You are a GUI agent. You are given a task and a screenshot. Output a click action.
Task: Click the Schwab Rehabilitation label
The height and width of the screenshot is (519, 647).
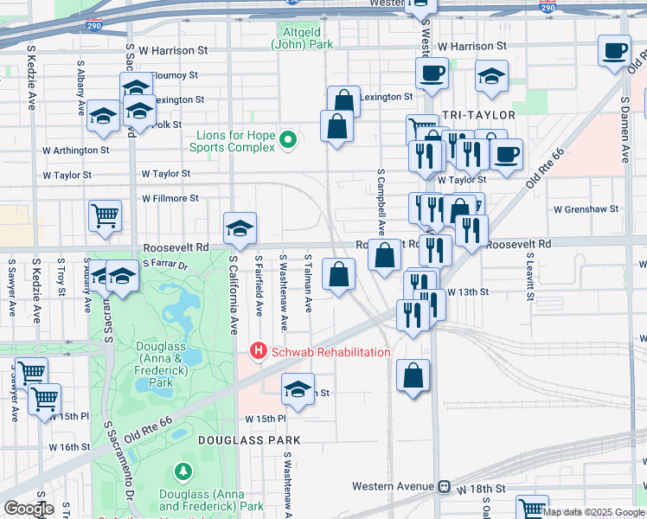[330, 352]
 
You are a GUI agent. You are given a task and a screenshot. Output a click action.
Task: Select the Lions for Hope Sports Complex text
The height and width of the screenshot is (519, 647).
[234, 141]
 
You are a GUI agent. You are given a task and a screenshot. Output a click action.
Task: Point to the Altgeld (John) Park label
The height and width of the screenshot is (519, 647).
[302, 37]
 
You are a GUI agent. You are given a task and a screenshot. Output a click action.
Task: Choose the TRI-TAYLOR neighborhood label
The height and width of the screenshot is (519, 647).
[478, 115]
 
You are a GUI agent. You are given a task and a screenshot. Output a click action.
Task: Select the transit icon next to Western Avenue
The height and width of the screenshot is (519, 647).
[445, 486]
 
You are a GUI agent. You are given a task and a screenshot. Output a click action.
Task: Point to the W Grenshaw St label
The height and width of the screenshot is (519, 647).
[586, 209]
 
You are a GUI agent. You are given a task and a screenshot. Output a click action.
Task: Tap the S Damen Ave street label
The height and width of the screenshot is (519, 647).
[625, 129]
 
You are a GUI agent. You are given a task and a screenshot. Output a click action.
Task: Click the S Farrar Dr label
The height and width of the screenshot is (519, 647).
[165, 262]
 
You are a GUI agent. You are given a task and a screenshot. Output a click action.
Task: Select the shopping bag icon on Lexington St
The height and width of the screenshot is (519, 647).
[343, 102]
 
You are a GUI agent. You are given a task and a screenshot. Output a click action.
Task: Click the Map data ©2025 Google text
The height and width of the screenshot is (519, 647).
[593, 512]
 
